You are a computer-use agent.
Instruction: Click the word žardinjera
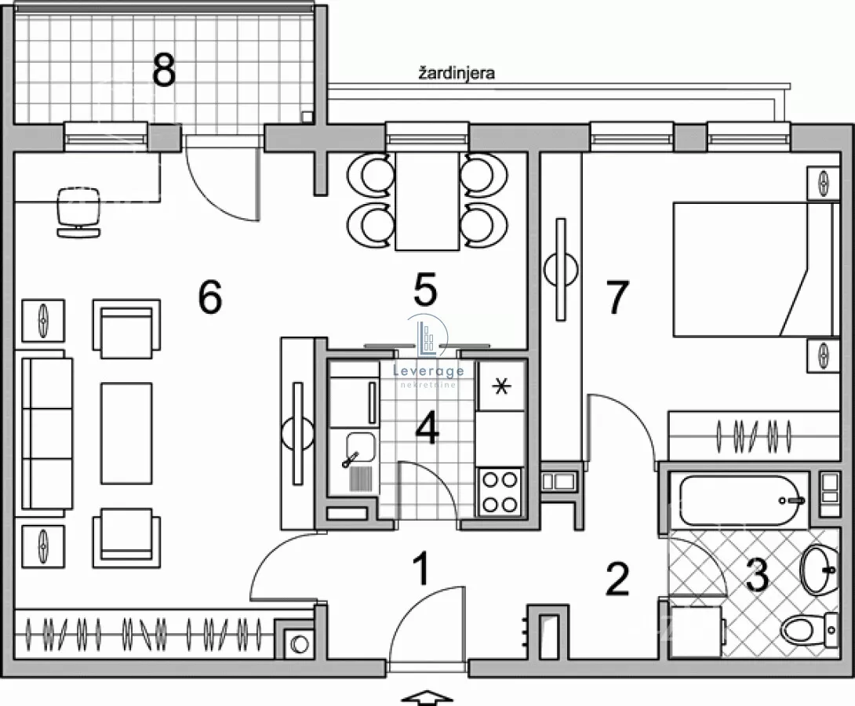(x=457, y=73)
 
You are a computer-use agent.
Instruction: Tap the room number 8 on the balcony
(x=164, y=71)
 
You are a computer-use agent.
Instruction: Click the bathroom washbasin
(x=818, y=571)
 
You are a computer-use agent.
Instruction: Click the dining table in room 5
(x=427, y=201)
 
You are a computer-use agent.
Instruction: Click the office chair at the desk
(x=78, y=212)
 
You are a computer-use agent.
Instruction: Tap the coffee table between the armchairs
(x=126, y=433)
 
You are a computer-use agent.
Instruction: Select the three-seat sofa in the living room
(x=47, y=433)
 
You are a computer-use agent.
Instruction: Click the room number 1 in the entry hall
(x=421, y=569)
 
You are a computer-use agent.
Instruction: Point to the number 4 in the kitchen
(x=427, y=428)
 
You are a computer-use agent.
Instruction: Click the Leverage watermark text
(x=428, y=371)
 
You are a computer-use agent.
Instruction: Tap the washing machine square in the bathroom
(x=697, y=632)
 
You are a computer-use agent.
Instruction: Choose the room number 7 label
(x=618, y=297)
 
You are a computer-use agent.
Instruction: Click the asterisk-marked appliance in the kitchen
(x=501, y=386)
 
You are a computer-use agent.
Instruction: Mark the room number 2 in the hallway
(x=618, y=579)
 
